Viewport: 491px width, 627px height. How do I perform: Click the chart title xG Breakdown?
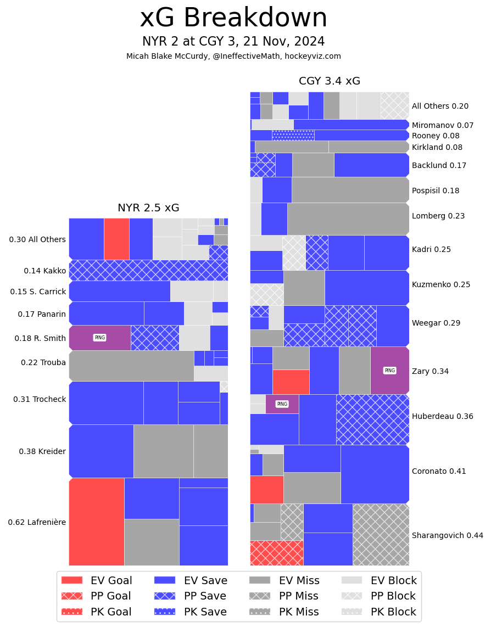pos(233,18)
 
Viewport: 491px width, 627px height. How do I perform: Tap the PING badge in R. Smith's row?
pos(99,338)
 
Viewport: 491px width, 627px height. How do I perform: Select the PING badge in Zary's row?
pos(389,371)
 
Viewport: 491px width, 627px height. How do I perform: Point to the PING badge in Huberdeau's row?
pos(282,404)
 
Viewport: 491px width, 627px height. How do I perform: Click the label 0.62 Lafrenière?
pos(37,522)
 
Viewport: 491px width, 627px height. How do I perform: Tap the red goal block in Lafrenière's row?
pos(96,522)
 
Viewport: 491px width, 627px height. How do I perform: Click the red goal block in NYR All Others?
pos(116,239)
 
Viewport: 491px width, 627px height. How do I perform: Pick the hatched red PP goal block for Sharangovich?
pos(276,553)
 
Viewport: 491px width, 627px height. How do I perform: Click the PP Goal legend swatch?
pos(71,596)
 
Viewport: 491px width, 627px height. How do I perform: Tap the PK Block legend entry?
pos(379,612)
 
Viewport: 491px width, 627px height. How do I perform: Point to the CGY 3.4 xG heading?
pos(330,81)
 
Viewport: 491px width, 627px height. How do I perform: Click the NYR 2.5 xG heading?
pos(148,208)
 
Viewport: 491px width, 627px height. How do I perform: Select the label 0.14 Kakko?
pos(44,271)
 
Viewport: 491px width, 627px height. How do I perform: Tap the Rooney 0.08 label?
pos(436,136)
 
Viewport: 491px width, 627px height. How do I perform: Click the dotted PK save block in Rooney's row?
pos(293,135)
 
